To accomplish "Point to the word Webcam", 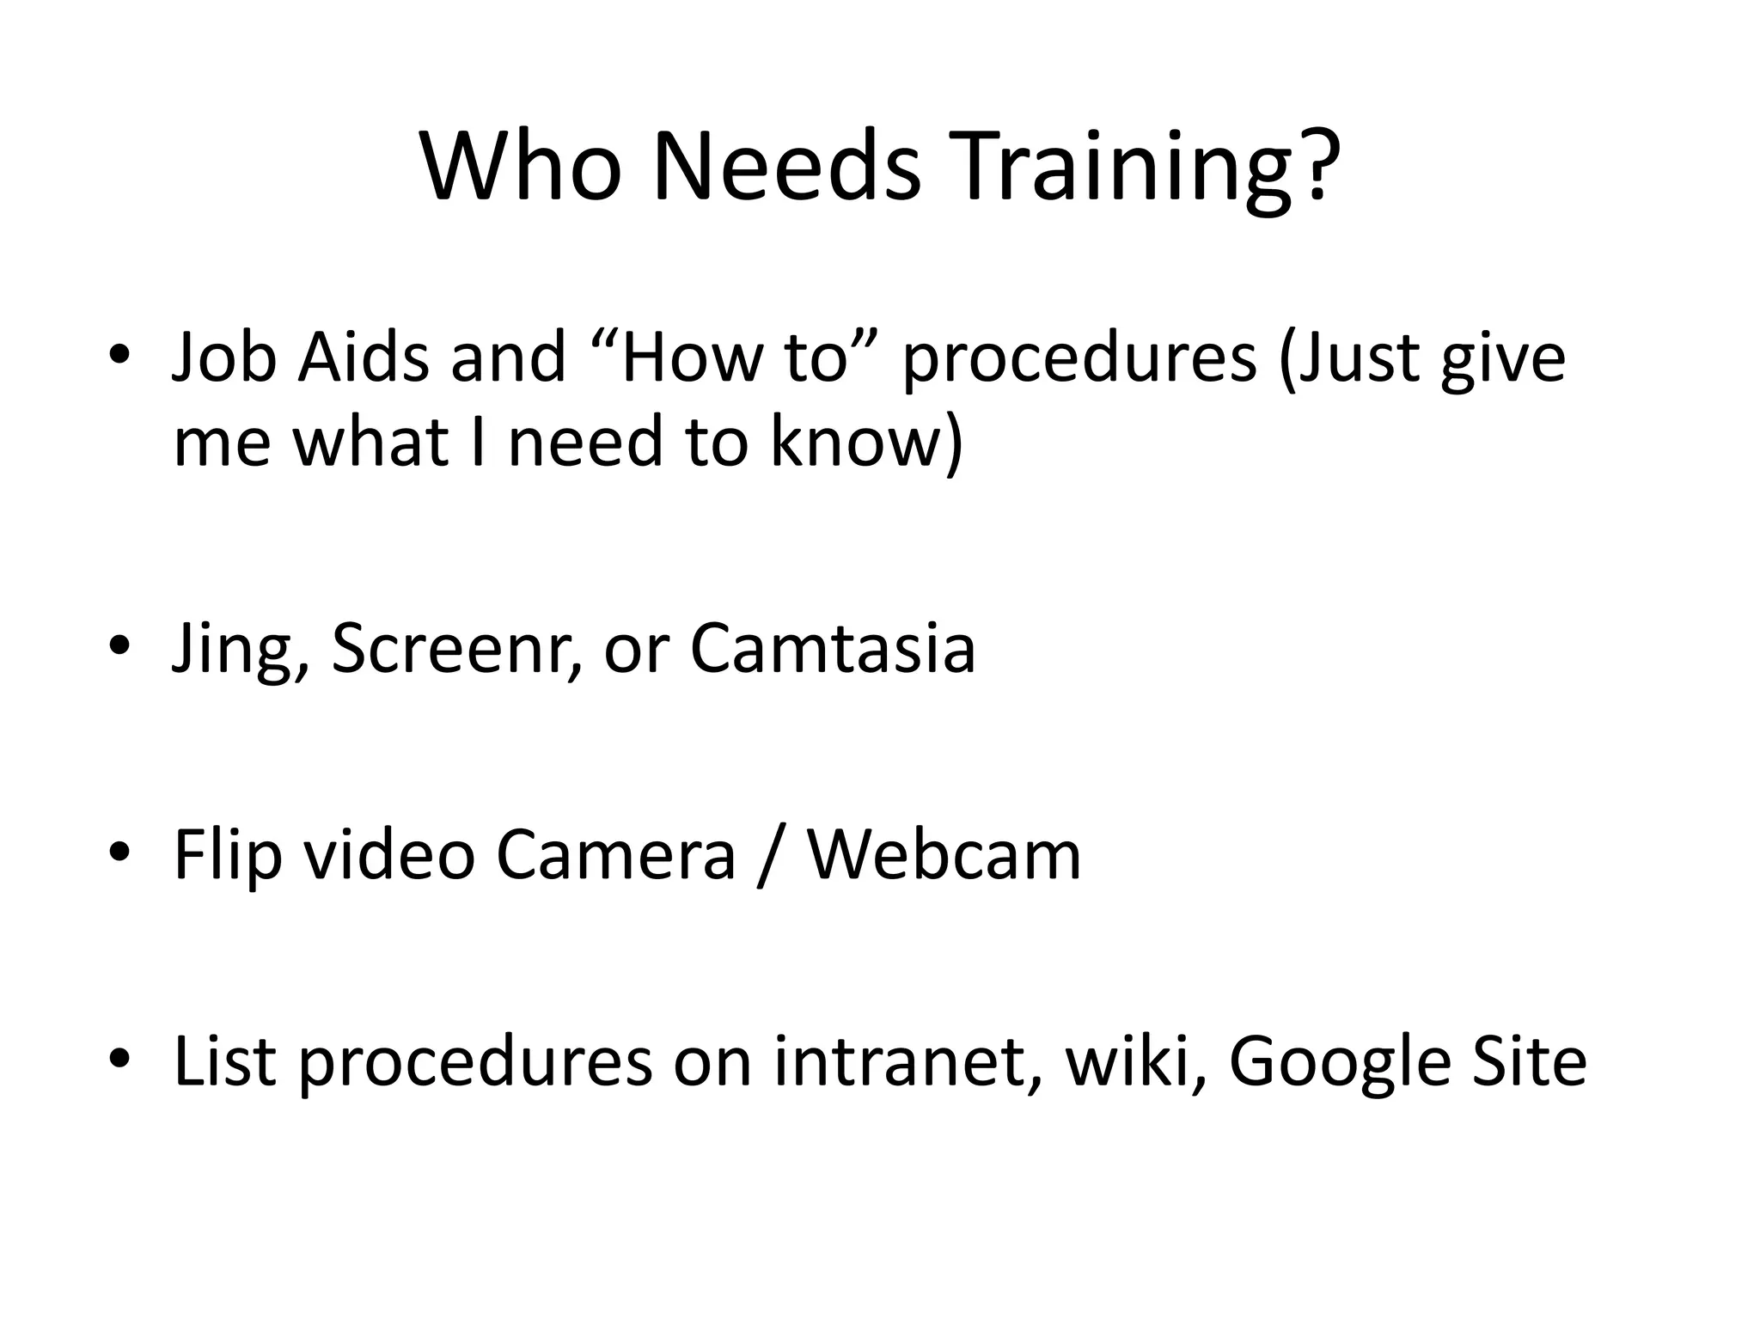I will pyautogui.click(x=944, y=856).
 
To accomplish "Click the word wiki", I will pyautogui.click(x=1130, y=1062).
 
